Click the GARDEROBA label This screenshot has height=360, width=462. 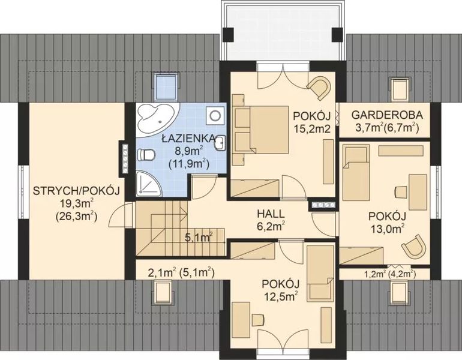pos(387,114)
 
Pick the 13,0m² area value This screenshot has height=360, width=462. pos(388,228)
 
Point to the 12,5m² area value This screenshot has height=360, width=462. pos(280,295)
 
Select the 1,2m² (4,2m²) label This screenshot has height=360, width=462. pos(391,274)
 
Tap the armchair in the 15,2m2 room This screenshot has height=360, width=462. pos(319,88)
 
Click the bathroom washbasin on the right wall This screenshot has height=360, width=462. pos(220,142)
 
